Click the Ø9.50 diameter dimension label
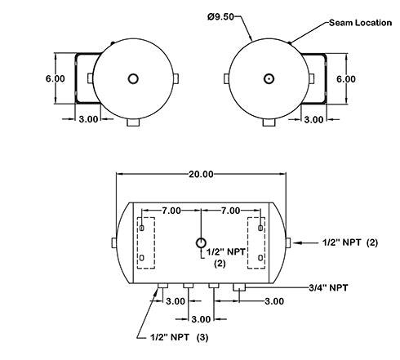point(220,16)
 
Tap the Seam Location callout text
point(361,23)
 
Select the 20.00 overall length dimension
point(201,174)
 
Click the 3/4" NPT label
point(328,287)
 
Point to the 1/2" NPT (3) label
point(180,337)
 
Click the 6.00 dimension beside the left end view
point(56,78)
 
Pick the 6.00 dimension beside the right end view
point(346,79)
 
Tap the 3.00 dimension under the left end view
point(88,119)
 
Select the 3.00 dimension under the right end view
point(313,119)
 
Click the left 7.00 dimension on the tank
point(171,211)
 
